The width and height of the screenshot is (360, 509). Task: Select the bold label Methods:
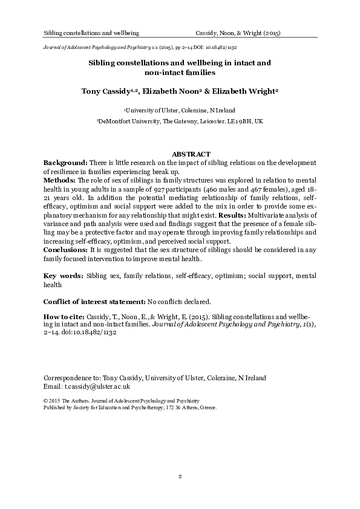[62, 180]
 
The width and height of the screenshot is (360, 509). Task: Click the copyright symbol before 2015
[47, 401]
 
